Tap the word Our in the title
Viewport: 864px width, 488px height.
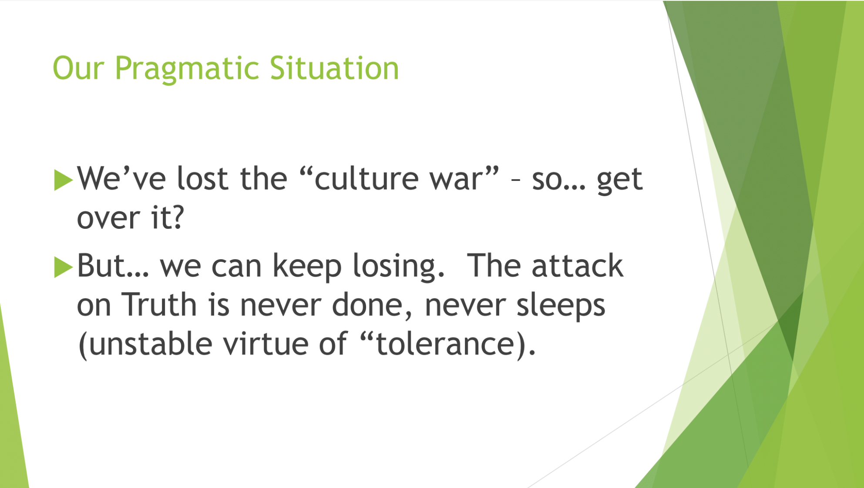[78, 68]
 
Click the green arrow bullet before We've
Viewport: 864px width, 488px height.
[63, 180]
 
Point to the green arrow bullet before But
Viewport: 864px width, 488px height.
[63, 267]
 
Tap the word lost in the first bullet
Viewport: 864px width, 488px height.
[202, 178]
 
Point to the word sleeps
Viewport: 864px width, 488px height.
[561, 306]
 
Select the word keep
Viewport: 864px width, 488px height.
[307, 267]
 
